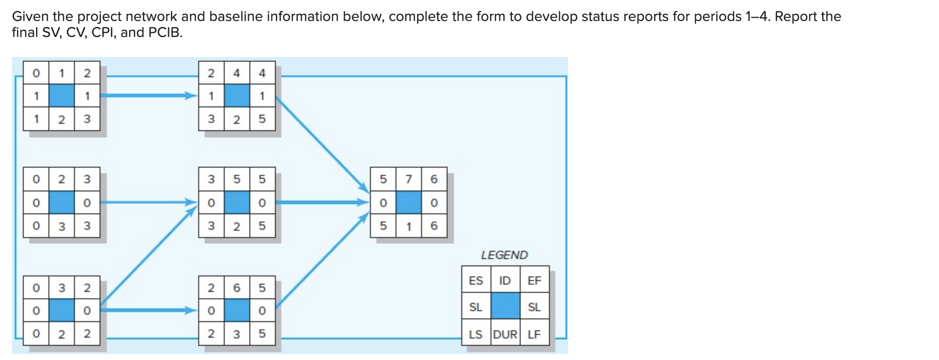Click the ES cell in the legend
475,281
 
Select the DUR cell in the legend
505,334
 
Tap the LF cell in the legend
534,334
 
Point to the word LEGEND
504,255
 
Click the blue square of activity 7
408,202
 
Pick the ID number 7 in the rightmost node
408,179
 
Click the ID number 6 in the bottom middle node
236,288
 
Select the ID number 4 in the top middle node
236,73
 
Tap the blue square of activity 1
61,96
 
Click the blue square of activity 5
236,202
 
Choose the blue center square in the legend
505,306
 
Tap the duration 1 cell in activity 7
408,226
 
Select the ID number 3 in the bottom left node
61,288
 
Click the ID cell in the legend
505,281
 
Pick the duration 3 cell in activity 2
61,226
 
